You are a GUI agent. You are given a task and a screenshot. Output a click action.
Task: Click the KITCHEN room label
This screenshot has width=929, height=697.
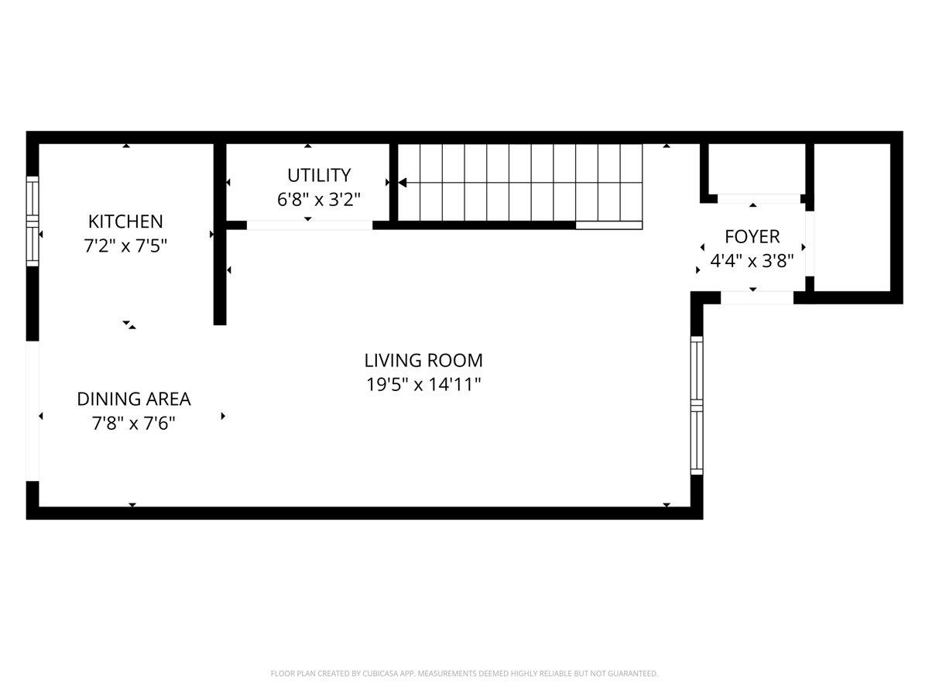click(125, 221)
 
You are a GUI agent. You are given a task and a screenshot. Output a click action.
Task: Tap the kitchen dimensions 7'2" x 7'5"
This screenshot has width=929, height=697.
click(125, 246)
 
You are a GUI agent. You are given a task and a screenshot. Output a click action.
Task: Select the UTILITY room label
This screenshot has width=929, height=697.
click(318, 175)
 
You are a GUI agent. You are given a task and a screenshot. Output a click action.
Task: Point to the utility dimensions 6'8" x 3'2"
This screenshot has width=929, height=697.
click(318, 199)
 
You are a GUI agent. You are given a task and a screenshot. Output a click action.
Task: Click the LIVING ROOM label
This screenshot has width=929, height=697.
click(423, 360)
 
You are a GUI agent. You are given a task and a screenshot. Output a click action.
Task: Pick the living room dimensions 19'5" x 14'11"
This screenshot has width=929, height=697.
click(423, 384)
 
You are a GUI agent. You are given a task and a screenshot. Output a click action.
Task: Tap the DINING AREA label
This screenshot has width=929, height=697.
click(133, 399)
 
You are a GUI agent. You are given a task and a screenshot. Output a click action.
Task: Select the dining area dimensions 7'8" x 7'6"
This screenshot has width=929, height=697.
click(133, 424)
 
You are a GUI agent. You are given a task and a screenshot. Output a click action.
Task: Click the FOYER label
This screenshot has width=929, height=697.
click(752, 236)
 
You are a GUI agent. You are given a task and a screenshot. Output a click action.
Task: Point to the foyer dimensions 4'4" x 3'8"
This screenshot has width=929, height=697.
click(752, 261)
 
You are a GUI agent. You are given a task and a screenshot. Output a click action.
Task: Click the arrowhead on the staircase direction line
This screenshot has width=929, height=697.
click(403, 183)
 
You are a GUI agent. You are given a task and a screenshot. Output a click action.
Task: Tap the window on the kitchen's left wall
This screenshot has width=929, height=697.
click(33, 221)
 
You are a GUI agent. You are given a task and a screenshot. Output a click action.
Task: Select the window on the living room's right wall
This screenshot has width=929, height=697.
click(697, 405)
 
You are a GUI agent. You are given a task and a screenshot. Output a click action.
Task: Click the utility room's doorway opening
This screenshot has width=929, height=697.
click(309, 225)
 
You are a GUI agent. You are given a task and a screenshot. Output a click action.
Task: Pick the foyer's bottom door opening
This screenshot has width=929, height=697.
click(756, 297)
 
